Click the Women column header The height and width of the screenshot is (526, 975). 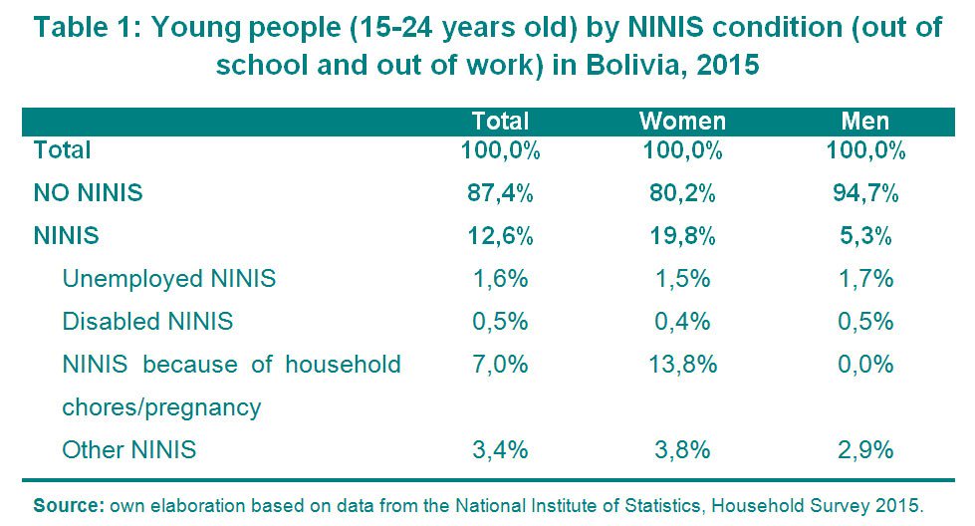(682, 122)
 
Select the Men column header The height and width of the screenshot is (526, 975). (864, 122)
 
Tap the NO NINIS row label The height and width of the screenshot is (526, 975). (89, 192)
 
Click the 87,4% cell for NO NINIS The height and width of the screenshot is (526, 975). (501, 193)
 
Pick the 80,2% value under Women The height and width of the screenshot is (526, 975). (682, 193)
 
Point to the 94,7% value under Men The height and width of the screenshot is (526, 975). (865, 193)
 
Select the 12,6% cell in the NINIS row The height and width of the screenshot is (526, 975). (501, 236)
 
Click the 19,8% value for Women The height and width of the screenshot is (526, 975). (682, 236)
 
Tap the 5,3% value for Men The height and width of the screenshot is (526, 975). (865, 236)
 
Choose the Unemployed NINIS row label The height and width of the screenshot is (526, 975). (169, 279)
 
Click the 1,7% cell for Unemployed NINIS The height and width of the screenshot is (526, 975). (866, 279)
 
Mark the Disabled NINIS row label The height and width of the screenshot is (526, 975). (147, 322)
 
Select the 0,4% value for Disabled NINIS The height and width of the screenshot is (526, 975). (682, 322)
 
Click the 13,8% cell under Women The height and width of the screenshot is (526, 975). (682, 365)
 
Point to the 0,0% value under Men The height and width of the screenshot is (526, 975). (865, 365)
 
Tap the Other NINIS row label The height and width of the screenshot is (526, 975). (129, 449)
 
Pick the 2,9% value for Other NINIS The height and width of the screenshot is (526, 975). (865, 449)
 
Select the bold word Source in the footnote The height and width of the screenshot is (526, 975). (69, 505)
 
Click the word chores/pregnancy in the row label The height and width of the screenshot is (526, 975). (161, 407)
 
